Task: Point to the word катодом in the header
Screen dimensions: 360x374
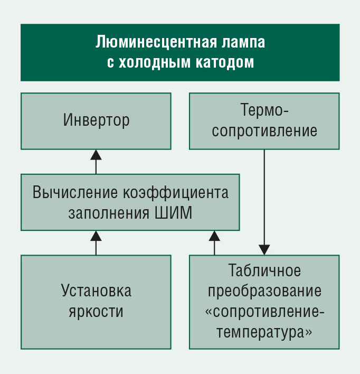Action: coord(225,63)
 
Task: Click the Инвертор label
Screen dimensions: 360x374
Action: coord(96,120)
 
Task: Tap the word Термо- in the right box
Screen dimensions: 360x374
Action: coord(264,110)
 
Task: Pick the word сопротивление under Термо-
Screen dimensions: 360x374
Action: coord(264,130)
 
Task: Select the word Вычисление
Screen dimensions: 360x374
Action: coord(75,192)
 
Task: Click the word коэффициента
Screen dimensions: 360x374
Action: coord(176,193)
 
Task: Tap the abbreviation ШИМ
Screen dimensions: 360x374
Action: coord(173,213)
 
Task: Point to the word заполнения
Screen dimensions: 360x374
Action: coord(109,213)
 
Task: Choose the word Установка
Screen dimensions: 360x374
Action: coord(96,291)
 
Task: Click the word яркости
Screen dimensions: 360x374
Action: coord(96,312)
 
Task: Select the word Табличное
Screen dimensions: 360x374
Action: coord(264,270)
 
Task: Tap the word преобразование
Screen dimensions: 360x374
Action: coord(264,292)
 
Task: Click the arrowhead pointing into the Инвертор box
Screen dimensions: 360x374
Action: coord(96,155)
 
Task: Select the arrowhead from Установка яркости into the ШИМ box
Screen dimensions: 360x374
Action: coord(96,236)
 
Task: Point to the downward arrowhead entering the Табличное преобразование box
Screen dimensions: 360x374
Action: coord(264,250)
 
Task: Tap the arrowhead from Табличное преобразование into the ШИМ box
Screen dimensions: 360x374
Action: coord(214,236)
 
